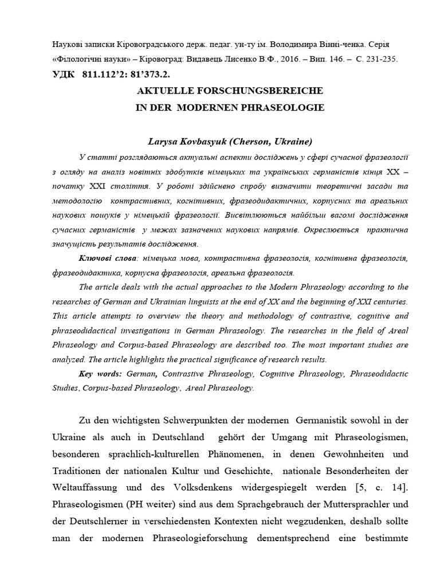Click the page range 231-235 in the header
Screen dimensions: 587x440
pos(380,58)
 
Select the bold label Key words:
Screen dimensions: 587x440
pos(103,373)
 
